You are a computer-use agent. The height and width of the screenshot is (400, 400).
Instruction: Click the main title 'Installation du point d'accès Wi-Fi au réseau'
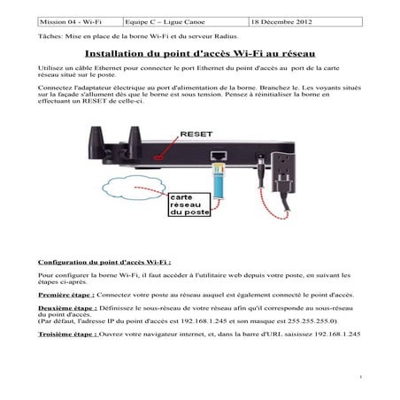pyautogui.click(x=199, y=55)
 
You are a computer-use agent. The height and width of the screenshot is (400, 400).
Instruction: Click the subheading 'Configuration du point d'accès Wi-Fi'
pyautogui.click(x=104, y=264)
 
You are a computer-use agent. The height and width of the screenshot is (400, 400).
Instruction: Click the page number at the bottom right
pyautogui.click(x=362, y=377)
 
